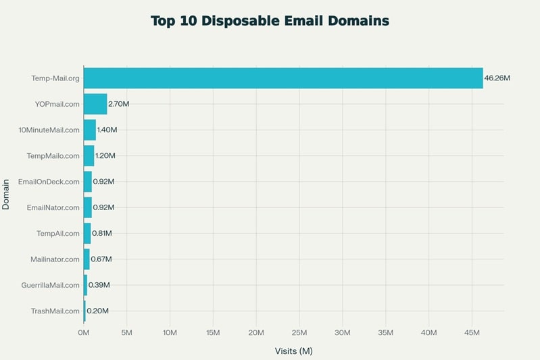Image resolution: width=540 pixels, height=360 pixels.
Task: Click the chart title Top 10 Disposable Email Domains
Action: tap(270, 21)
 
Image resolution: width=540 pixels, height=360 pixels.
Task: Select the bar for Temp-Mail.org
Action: tap(283, 78)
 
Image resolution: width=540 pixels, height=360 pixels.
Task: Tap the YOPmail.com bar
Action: tap(95, 104)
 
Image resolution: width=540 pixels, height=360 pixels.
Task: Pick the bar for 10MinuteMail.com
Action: tap(90, 130)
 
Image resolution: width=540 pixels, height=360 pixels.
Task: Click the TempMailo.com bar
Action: tap(89, 156)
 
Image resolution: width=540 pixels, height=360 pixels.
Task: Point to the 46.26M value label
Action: tap(497, 78)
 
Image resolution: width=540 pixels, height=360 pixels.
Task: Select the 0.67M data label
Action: tap(101, 259)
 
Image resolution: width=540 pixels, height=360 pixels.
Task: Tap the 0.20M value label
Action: tap(97, 311)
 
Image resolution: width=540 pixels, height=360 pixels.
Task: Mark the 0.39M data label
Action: tap(99, 285)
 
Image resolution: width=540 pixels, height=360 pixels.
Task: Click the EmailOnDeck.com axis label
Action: tap(49, 182)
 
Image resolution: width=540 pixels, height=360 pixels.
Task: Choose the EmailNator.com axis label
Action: tap(53, 207)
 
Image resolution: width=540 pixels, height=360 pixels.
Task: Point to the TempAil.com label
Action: tap(58, 234)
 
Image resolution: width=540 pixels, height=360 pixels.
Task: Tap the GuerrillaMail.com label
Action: tap(50, 285)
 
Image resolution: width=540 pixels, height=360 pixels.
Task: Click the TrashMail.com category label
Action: tap(55, 311)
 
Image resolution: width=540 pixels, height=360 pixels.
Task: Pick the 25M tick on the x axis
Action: tap(299, 333)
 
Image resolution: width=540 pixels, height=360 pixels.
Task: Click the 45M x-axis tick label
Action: tap(472, 333)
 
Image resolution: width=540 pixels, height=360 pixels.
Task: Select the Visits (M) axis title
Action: tap(293, 351)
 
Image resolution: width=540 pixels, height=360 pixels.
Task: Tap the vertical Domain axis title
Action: tap(6, 194)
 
